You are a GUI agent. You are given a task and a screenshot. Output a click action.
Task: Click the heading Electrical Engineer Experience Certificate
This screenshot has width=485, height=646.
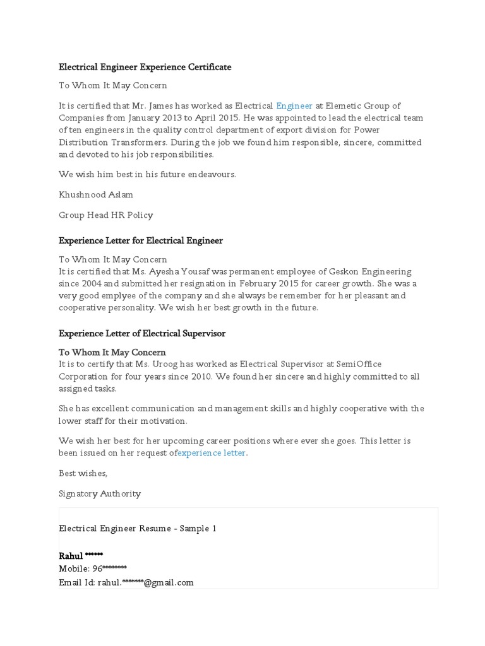click(145, 67)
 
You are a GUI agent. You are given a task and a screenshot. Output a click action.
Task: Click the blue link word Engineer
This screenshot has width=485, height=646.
click(294, 106)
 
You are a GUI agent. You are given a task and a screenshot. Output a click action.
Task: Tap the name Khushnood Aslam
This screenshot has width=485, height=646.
click(96, 195)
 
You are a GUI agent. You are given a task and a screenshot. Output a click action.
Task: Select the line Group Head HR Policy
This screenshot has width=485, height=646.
click(105, 215)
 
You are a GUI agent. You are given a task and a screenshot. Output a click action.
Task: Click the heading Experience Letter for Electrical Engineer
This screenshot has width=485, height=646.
click(140, 240)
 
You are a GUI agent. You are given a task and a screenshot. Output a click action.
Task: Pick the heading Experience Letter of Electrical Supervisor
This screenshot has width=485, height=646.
click(141, 333)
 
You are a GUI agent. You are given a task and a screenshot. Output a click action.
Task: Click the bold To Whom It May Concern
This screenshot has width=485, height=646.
click(112, 353)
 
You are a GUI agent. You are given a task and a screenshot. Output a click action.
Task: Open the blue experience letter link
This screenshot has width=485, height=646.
click(212, 453)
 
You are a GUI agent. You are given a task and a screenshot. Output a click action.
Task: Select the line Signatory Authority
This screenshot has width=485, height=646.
click(100, 493)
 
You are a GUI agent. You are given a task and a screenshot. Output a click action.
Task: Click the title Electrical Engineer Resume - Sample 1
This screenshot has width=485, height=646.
click(138, 529)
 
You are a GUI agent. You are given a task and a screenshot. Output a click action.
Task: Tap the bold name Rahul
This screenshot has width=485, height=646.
click(71, 556)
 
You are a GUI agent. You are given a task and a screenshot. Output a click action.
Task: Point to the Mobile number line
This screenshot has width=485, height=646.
click(93, 568)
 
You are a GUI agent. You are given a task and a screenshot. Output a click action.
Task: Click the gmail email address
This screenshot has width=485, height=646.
click(145, 582)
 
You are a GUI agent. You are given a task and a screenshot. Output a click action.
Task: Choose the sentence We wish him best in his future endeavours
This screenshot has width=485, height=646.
click(147, 174)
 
